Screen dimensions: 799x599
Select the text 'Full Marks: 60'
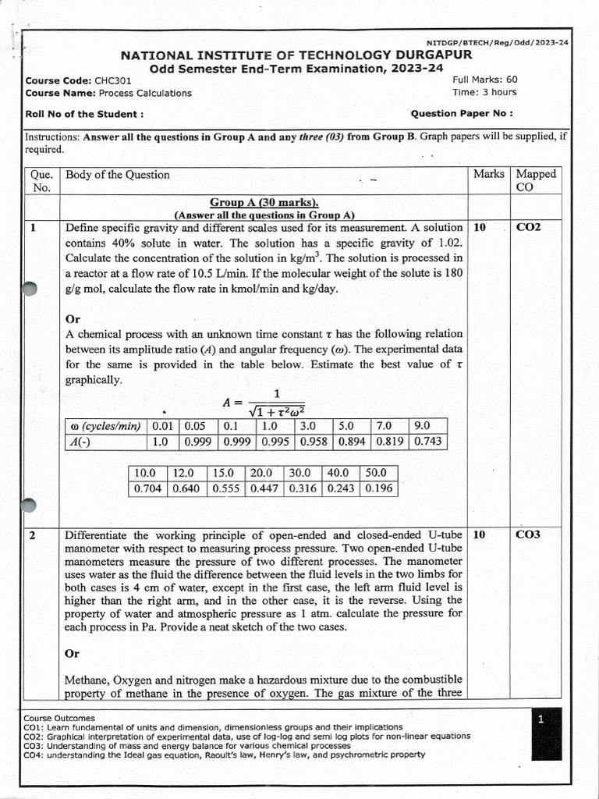click(x=484, y=79)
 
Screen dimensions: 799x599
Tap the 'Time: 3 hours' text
click(x=484, y=92)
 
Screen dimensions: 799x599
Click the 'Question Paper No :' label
click(x=462, y=112)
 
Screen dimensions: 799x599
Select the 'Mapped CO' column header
click(x=536, y=180)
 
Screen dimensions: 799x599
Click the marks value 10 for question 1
click(x=480, y=228)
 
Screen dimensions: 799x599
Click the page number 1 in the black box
click(x=541, y=720)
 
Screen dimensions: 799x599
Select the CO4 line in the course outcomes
click(x=225, y=755)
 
